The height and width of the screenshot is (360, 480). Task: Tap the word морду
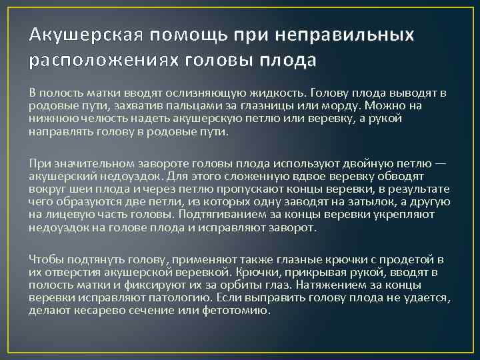(346, 106)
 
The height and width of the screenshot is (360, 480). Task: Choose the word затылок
(346, 201)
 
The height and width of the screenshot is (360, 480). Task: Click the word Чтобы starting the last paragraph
(46, 259)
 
